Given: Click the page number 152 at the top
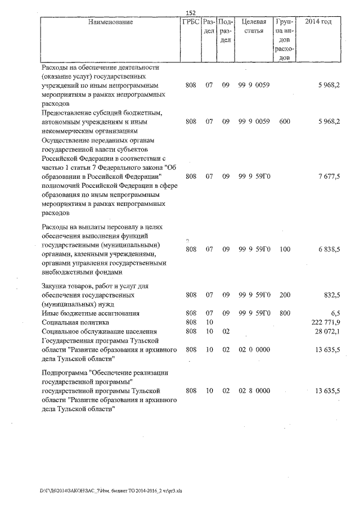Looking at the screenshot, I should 191,13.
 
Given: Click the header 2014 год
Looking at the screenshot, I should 318,22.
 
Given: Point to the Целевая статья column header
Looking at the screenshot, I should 253,26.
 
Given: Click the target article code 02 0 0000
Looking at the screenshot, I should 254,349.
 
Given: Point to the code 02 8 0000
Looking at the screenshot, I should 254,390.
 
